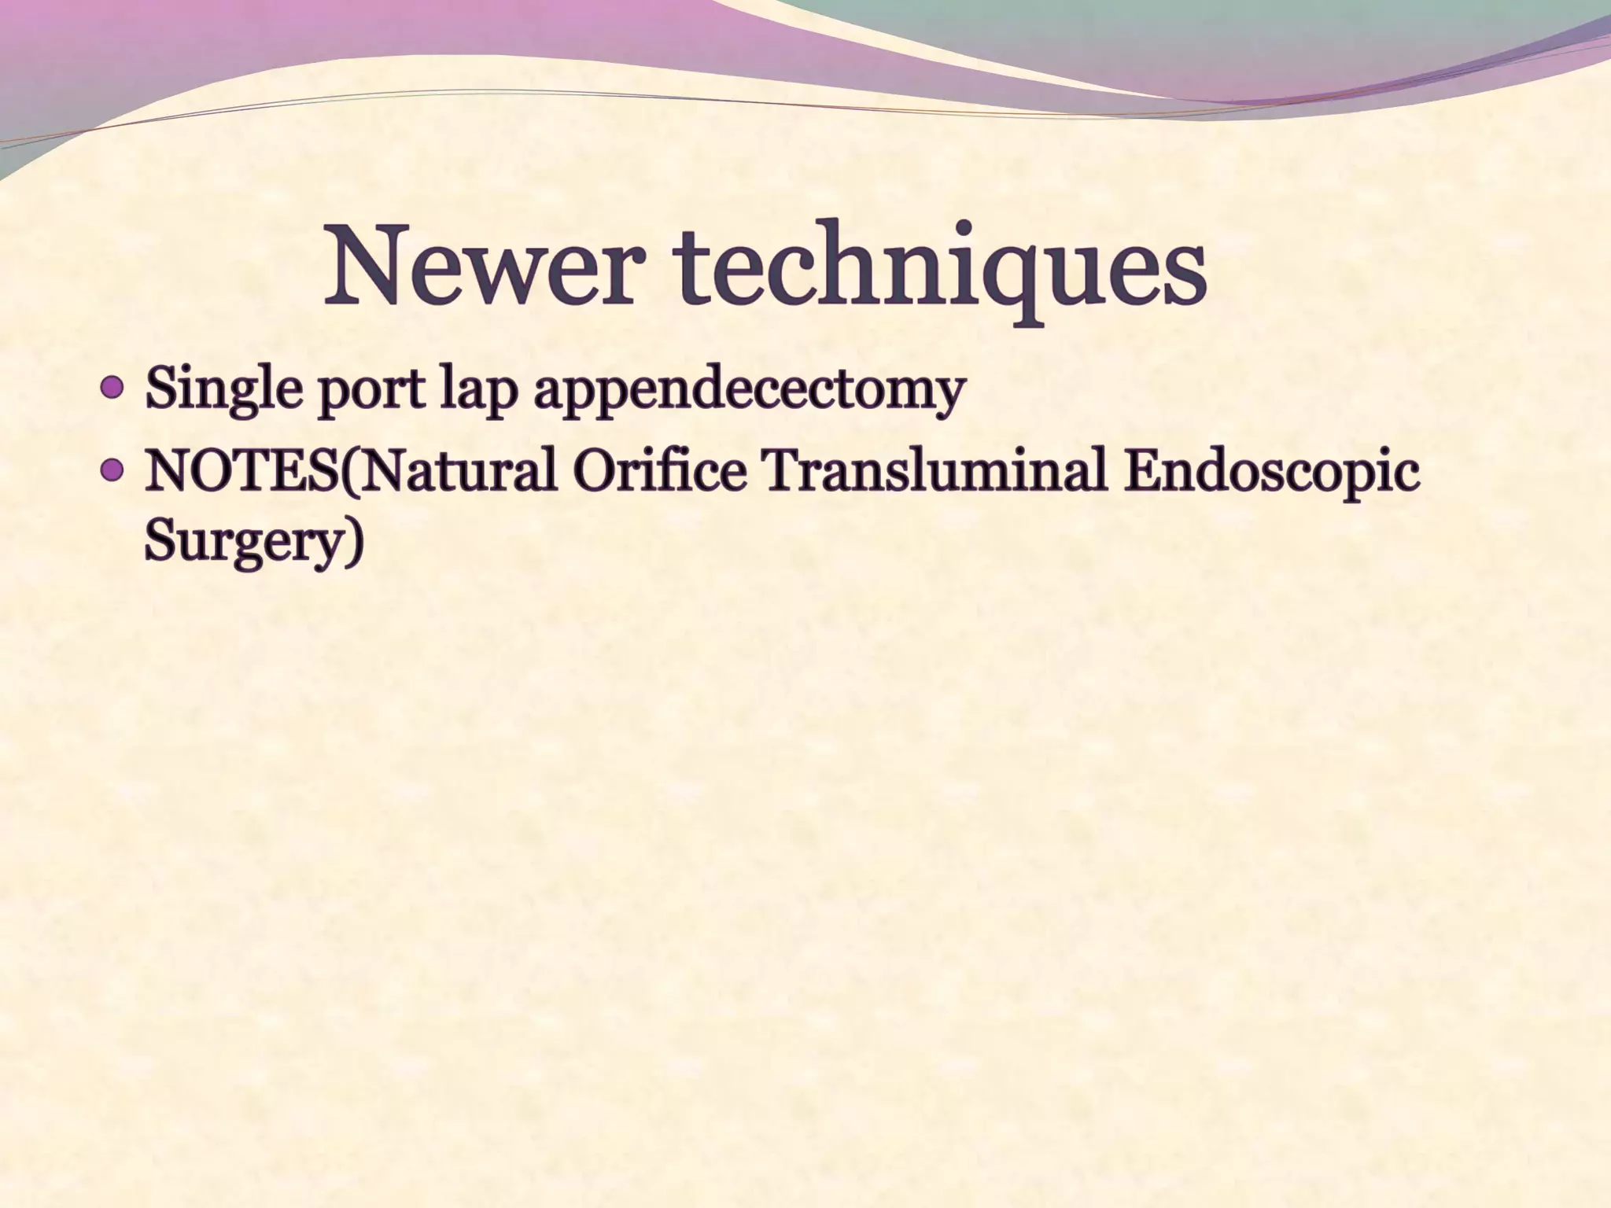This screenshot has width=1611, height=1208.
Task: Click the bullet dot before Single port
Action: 113,388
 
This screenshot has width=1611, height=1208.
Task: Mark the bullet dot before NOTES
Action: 113,470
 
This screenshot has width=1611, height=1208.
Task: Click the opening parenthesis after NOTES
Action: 349,473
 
